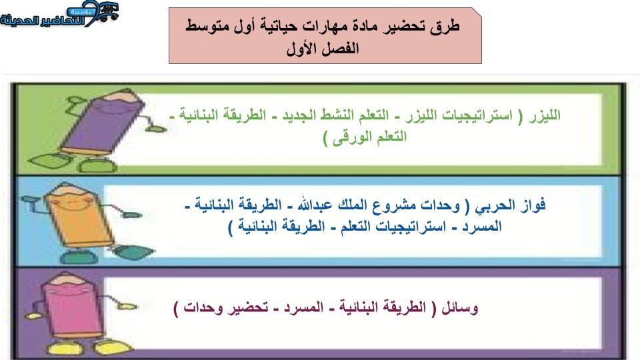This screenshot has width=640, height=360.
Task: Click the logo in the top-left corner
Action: click(59, 15)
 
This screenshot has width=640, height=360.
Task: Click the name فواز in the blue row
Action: click(533, 205)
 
